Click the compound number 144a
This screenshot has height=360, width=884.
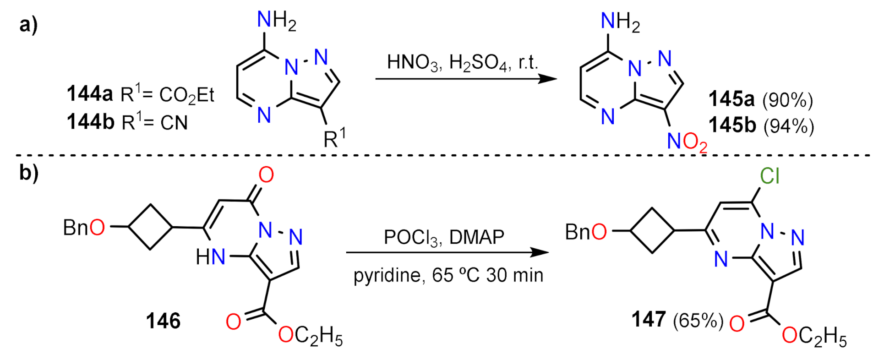coord(89,94)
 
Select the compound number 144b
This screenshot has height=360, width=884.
coord(90,122)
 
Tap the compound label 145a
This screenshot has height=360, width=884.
coord(731,99)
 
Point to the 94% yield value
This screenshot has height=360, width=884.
coord(788,125)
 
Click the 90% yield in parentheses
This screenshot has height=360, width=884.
coord(787,100)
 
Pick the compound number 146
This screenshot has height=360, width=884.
coord(163,321)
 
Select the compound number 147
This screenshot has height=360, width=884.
coord(648,319)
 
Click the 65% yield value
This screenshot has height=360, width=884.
coord(698,320)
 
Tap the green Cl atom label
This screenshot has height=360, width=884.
coord(769,175)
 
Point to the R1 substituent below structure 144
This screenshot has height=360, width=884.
coord(334,138)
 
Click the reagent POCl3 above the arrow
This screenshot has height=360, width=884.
coord(410,237)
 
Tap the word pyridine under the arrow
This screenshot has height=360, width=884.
coord(387,276)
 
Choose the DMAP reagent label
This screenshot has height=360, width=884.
coord(476,237)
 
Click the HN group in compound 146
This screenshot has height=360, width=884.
coord(210,257)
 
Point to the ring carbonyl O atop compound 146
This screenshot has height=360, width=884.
coord(266,175)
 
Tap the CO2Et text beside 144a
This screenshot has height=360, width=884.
coord(186,95)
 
